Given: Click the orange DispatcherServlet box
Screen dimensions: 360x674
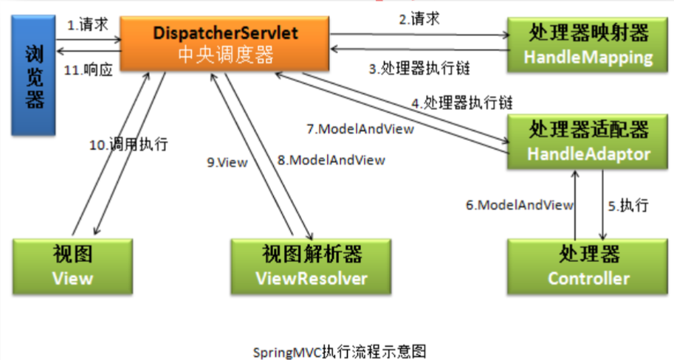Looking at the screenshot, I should [226, 44].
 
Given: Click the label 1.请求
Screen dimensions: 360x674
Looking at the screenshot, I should [88, 24].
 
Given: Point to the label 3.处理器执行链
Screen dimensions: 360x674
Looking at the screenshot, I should [419, 69].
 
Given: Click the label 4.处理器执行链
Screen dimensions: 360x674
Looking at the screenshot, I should [462, 102].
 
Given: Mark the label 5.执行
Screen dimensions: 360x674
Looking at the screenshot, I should [628, 205].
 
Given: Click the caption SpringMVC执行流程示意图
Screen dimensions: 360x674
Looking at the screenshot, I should [339, 348].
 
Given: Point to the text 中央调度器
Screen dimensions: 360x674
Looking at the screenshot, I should [226, 55].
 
